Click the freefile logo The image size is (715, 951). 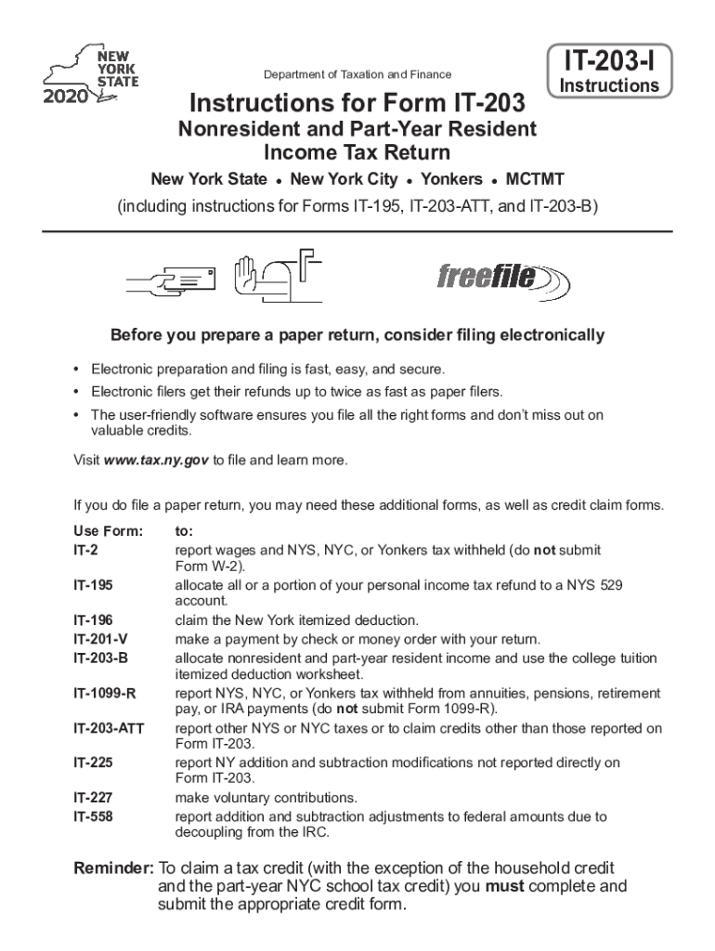pyautogui.click(x=497, y=277)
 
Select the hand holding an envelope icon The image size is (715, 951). pyautogui.click(x=173, y=277)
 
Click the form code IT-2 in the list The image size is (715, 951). pyautogui.click(x=85, y=551)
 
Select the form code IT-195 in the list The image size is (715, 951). pyautogui.click(x=94, y=586)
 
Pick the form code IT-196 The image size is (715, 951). pyautogui.click(x=94, y=620)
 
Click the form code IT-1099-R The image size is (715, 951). pyautogui.click(x=105, y=694)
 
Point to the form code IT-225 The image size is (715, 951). pyautogui.click(x=94, y=762)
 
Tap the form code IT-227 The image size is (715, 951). pyautogui.click(x=94, y=798)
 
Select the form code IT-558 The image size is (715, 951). pyautogui.click(x=94, y=816)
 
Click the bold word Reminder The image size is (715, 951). pyautogui.click(x=113, y=868)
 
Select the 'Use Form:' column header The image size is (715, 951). pyautogui.click(x=108, y=532)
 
